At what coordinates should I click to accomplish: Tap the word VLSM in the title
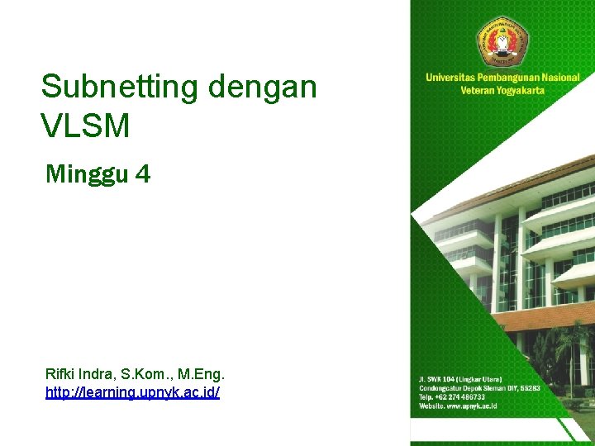[x=85, y=126]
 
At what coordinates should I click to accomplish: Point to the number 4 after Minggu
[x=142, y=173]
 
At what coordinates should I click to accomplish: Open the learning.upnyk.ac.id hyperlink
[x=133, y=392]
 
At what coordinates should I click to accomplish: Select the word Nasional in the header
[x=562, y=78]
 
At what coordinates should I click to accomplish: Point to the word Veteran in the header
[x=476, y=90]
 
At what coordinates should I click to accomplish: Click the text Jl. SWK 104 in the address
[x=437, y=379]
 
